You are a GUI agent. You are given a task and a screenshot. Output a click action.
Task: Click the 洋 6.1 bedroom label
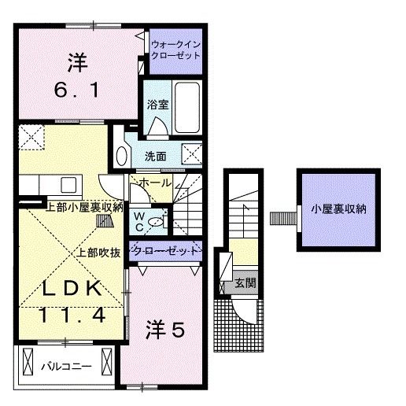tap(76, 76)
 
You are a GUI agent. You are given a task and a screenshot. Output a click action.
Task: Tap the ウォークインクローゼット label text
tap(175, 51)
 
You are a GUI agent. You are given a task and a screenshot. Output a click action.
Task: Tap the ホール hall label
tap(154, 183)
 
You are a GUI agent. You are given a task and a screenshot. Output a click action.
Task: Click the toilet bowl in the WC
tap(157, 222)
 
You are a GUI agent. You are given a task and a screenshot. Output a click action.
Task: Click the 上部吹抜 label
tap(98, 253)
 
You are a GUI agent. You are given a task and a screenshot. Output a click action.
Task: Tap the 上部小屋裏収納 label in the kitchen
tap(85, 208)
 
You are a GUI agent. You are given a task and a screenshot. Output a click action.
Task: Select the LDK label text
tap(72, 289)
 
